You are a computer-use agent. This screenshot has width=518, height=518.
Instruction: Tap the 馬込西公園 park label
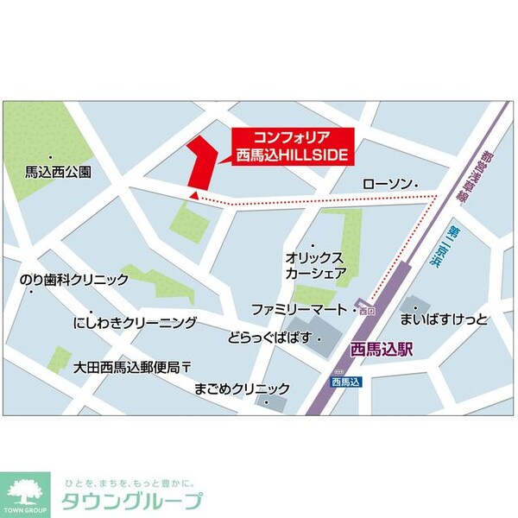pos(58,173)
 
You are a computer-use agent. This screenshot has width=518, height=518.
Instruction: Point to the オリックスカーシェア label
pos(317,266)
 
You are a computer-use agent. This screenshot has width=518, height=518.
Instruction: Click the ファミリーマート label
pos(299,308)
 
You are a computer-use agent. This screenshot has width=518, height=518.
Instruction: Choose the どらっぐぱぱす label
pos(269,338)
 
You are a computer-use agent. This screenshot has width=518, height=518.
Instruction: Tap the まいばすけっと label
pos(444,320)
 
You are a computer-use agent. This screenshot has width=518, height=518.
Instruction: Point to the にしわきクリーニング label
pos(135,323)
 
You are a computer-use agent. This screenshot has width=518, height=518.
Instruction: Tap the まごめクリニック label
pos(243,388)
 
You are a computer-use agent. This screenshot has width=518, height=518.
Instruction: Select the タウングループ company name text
pos(130,502)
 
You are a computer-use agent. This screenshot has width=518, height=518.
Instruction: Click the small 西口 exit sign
pos(367,309)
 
